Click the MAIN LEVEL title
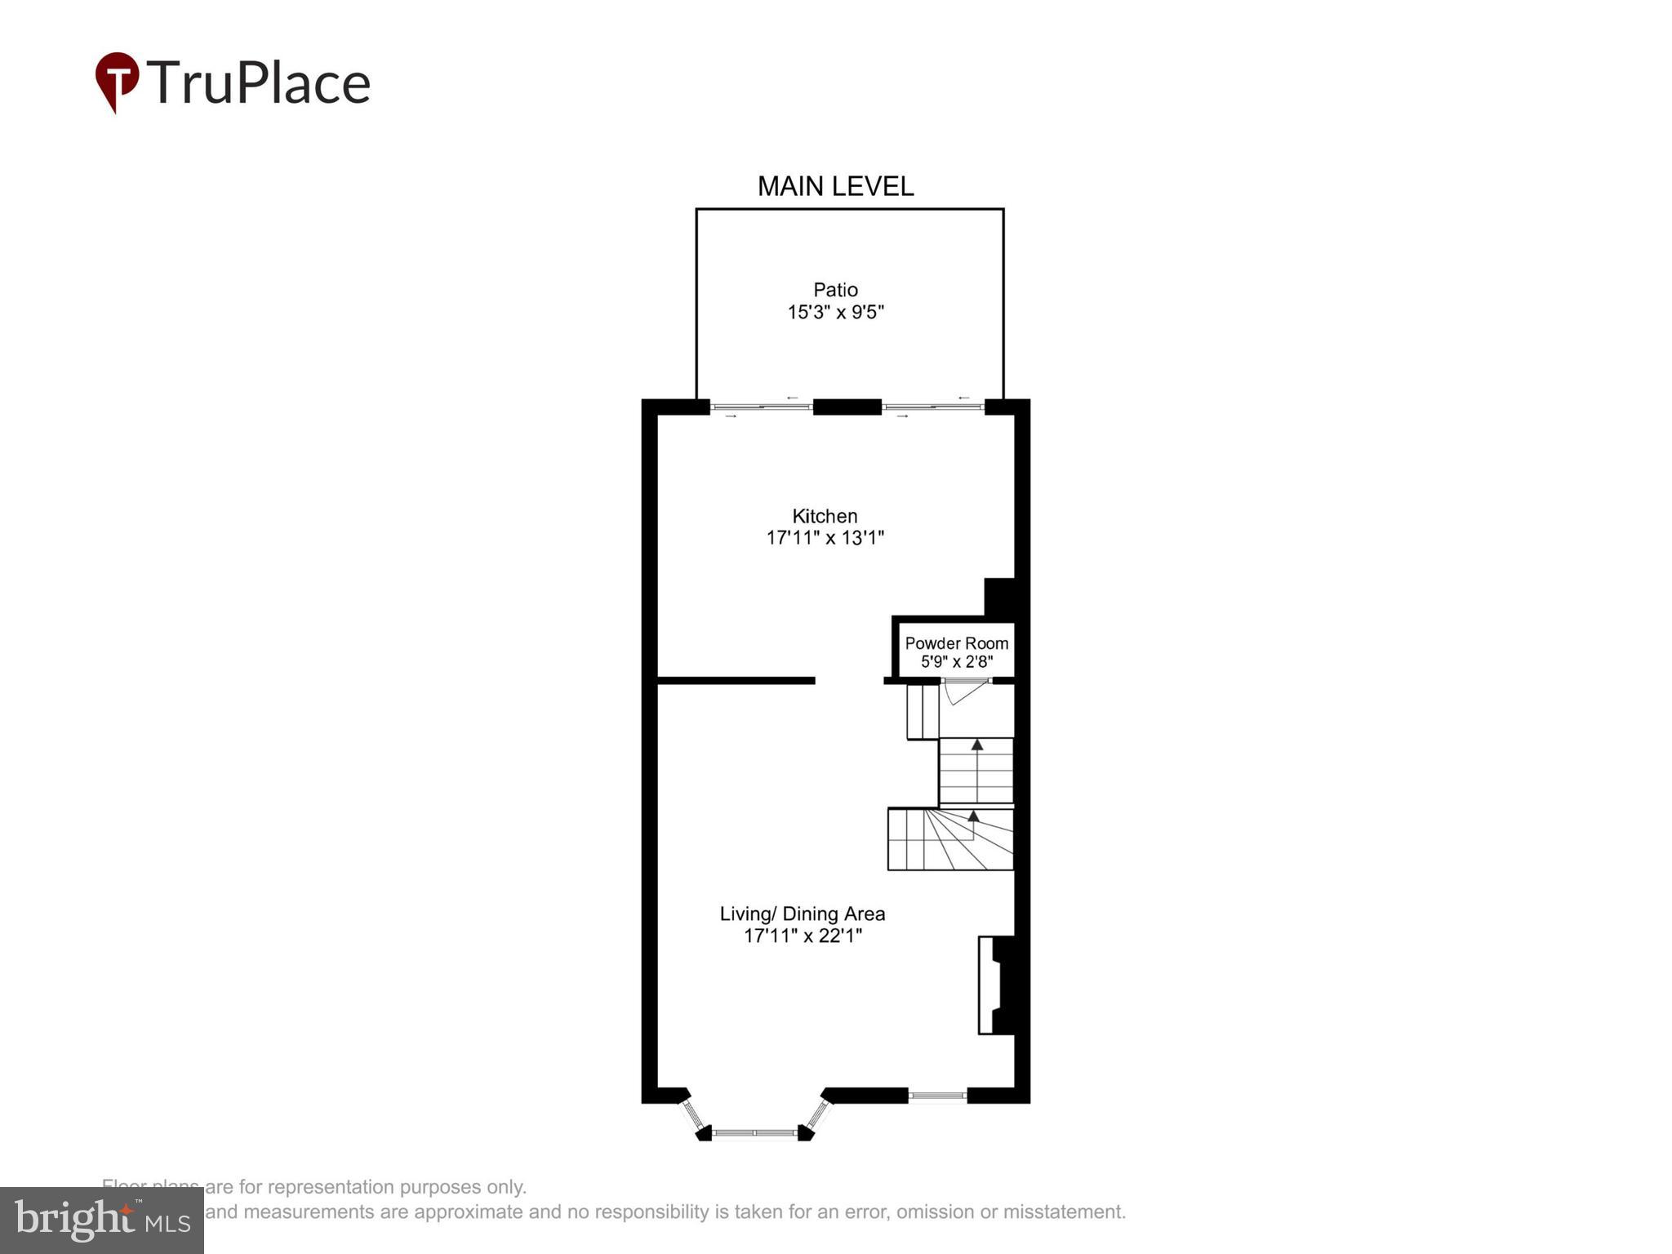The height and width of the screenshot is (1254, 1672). pyautogui.click(x=835, y=186)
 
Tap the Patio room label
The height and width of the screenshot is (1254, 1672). pyautogui.click(x=835, y=290)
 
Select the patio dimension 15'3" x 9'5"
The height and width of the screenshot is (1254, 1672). pyautogui.click(x=835, y=312)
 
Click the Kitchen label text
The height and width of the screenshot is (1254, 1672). pyautogui.click(x=825, y=516)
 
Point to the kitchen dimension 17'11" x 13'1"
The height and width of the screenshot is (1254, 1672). pyautogui.click(x=825, y=538)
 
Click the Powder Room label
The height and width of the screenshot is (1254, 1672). pyautogui.click(x=956, y=643)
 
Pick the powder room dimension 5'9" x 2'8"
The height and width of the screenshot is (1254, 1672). pyautogui.click(x=956, y=662)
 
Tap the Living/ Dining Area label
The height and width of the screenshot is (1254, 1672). pyautogui.click(x=802, y=914)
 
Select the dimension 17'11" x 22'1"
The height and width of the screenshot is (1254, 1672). pyautogui.click(x=802, y=936)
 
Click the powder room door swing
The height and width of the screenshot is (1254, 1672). pyautogui.click(x=964, y=691)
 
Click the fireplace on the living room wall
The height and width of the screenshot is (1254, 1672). pyautogui.click(x=997, y=985)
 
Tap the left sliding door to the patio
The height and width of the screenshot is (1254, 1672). pyautogui.click(x=761, y=407)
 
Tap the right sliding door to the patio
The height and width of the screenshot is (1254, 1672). pyautogui.click(x=932, y=407)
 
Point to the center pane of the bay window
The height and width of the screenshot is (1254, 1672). pyautogui.click(x=754, y=1133)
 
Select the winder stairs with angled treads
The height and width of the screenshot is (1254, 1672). pyautogui.click(x=951, y=839)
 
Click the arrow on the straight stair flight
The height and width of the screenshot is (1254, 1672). pyautogui.click(x=976, y=745)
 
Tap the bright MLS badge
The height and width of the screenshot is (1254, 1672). pyautogui.click(x=102, y=1221)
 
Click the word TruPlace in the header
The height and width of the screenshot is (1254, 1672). pyautogui.click(x=259, y=83)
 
